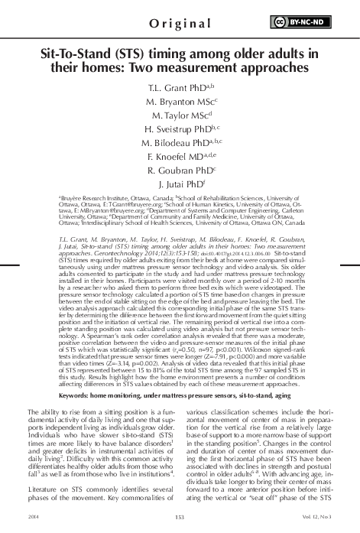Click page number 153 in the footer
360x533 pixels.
pyautogui.click(x=180, y=519)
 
